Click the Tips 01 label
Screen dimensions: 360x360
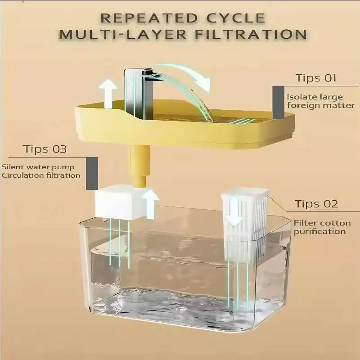pos(316,78)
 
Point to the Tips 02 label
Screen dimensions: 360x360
pos(316,204)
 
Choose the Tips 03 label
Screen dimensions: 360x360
pos(45,149)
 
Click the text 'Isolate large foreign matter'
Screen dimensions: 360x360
pos(321,101)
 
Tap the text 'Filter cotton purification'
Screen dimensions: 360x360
pos(319,227)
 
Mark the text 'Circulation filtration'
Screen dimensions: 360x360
pos(41,175)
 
